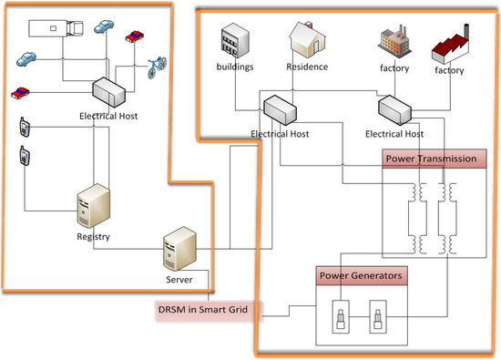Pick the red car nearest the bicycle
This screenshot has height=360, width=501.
point(135,37)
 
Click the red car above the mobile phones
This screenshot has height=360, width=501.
point(20,91)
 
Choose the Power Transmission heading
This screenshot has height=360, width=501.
point(429,159)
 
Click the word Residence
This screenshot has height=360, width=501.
point(307,67)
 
